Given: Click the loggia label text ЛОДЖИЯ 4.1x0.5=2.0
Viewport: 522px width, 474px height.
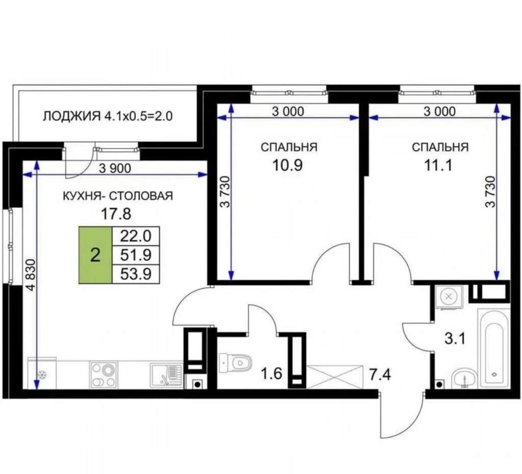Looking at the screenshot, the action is coord(108,116).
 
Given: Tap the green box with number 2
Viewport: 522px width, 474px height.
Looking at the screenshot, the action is coord(95,255).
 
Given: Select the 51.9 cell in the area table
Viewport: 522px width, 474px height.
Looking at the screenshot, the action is coord(136,255).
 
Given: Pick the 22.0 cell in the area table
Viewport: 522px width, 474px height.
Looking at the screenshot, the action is coord(136,236).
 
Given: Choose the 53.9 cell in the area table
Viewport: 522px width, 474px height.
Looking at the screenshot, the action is coord(136,274).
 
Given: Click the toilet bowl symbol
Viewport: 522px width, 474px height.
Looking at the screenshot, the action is coord(236,362).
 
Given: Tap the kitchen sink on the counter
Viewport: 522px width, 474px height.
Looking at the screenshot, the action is coord(166,375).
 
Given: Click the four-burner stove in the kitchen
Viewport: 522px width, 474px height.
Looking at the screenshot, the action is coord(103,375).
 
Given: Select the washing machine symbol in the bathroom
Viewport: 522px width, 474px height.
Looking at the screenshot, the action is coord(449,297).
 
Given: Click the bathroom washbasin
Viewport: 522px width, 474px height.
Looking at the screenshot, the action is coord(465,378).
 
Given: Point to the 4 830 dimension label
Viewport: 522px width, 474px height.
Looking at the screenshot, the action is coord(31,275).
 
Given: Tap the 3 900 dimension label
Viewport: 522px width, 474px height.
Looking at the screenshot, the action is coord(115,168).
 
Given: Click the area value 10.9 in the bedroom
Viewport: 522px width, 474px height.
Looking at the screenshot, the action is coord(288,165).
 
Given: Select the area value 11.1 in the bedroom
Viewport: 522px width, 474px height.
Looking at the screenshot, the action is coord(439,165).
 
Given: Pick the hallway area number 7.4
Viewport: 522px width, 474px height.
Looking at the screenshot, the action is coord(380,375).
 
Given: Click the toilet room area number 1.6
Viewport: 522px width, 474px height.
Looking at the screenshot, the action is coord(271,374).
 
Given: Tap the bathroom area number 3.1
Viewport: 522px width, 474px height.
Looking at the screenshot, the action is coord(455,339).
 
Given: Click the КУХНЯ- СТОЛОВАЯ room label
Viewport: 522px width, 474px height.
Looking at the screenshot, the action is coord(118,196).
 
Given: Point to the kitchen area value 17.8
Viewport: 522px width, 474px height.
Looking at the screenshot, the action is coord(116,214).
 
